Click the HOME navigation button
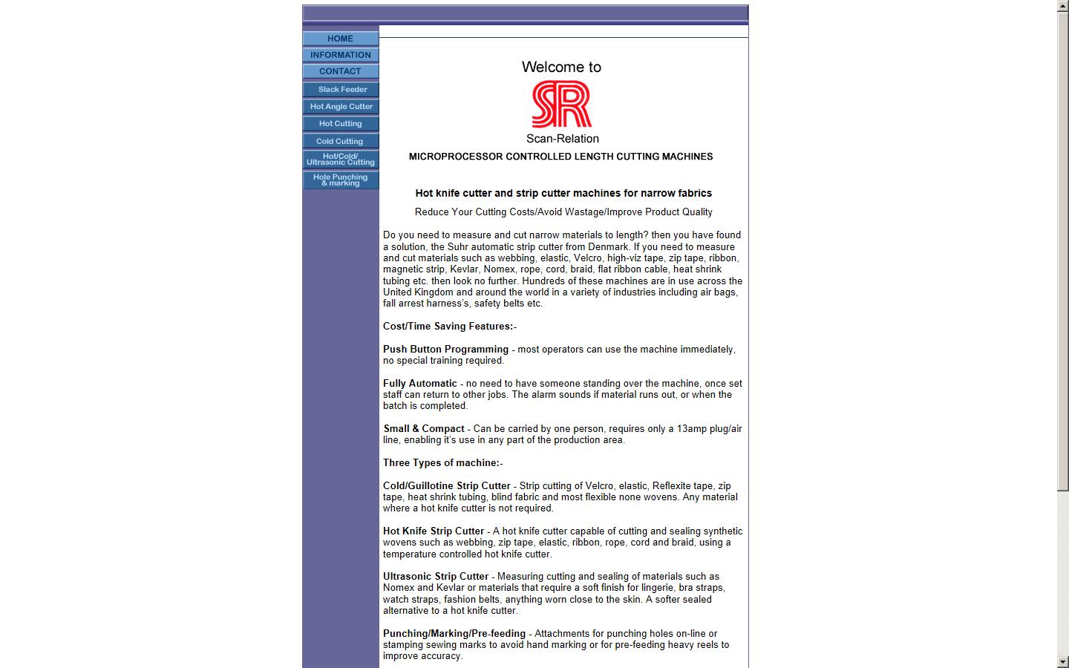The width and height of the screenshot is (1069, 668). click(341, 39)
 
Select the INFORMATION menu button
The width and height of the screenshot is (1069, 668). click(341, 55)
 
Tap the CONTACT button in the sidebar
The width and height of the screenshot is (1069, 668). click(341, 71)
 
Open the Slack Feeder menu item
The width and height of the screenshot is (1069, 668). click(341, 89)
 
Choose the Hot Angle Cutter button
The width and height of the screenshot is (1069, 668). click(341, 106)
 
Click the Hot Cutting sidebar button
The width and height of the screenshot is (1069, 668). click(341, 123)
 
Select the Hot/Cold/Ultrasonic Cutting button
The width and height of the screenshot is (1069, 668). click(341, 159)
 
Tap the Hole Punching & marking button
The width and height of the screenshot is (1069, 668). click(341, 180)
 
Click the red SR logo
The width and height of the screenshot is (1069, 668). click(562, 104)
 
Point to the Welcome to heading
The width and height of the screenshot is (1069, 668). click(561, 67)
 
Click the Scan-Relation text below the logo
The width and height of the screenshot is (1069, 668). click(562, 139)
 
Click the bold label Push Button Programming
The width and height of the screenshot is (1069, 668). click(445, 349)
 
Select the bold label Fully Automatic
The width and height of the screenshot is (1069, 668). click(420, 384)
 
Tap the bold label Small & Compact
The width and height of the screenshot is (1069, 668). click(424, 429)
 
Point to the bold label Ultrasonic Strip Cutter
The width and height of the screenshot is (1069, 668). click(436, 577)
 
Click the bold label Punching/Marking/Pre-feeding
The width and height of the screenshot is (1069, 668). click(454, 634)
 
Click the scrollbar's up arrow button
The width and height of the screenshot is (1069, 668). click(1063, 6)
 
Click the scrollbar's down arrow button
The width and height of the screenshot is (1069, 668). click(1063, 661)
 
